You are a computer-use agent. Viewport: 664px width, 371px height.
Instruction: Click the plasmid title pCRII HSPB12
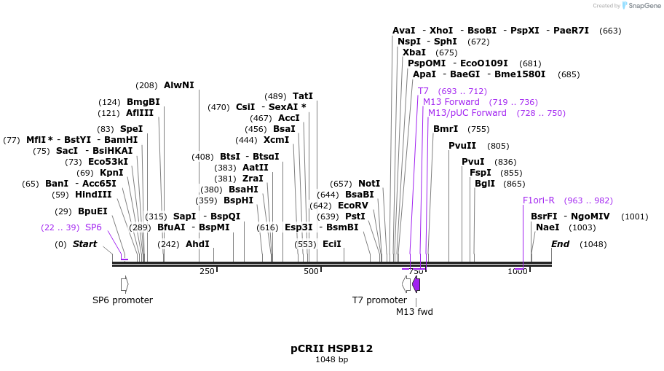(331, 348)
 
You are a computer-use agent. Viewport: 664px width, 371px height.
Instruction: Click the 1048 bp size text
(331, 359)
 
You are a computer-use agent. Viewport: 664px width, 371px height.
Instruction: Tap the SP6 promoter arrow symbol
(125, 284)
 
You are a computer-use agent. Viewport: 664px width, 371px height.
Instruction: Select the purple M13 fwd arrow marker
(416, 284)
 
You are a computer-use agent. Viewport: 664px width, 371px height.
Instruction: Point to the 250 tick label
(207, 271)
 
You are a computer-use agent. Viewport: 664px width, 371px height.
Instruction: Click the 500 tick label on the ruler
(312, 271)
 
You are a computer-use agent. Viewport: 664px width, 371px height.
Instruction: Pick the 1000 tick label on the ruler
(517, 271)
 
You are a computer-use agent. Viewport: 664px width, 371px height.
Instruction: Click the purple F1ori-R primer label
(538, 200)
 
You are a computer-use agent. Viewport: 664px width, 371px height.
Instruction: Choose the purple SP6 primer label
(93, 227)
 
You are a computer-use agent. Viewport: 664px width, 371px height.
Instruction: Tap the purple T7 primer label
(423, 91)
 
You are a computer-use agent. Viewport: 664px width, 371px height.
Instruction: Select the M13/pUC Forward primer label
(467, 113)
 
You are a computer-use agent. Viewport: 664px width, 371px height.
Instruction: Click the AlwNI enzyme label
(179, 85)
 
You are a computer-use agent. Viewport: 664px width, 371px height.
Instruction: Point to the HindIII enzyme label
(93, 195)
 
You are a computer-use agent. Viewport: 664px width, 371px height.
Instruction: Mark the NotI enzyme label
(369, 184)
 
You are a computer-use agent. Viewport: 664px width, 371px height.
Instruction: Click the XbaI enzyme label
(414, 52)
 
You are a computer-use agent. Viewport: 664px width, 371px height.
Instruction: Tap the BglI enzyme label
(484, 184)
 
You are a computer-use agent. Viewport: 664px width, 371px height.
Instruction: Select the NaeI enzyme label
(547, 227)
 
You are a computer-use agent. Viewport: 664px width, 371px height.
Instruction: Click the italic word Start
(84, 244)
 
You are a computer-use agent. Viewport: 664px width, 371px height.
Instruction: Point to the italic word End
(560, 244)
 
